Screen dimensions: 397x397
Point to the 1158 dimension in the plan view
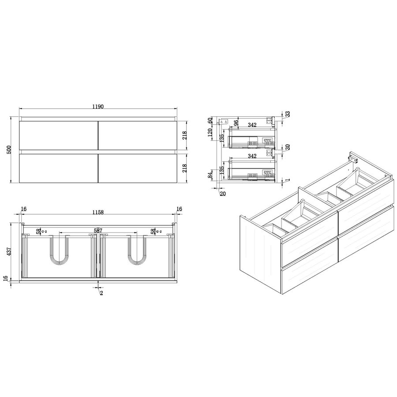click(98, 212)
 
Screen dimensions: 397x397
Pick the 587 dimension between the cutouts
click(98, 230)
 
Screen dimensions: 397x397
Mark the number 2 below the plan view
click(101, 293)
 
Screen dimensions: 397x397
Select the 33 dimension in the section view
click(288, 114)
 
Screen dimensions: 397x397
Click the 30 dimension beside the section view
click(287, 147)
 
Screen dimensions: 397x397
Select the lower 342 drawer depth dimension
click(252, 156)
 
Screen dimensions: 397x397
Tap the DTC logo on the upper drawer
click(267, 140)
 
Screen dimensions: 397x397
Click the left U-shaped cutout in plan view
click(59, 250)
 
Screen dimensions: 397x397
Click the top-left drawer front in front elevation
click(58, 135)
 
